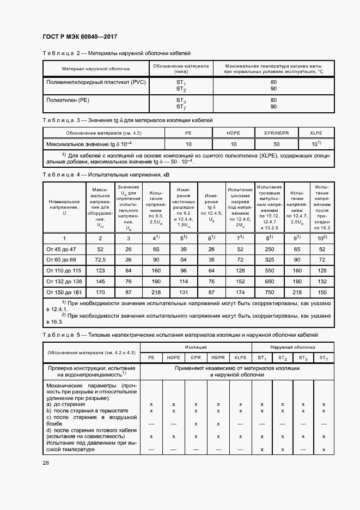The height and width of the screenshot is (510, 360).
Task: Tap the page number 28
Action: pos(46,463)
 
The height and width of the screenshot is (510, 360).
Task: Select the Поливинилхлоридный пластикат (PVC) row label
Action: pos(95,82)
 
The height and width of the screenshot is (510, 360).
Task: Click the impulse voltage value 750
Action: pos(269,292)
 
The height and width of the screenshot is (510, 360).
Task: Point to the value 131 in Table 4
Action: pos(184,292)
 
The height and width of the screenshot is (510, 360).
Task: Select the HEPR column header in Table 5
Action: pos(218,357)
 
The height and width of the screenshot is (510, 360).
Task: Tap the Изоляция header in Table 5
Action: pos(196,347)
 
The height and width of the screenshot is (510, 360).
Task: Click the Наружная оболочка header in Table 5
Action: pos(292,347)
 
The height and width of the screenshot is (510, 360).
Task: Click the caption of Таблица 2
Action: pos(117,53)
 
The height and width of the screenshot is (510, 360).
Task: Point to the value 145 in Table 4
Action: pos(100,281)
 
